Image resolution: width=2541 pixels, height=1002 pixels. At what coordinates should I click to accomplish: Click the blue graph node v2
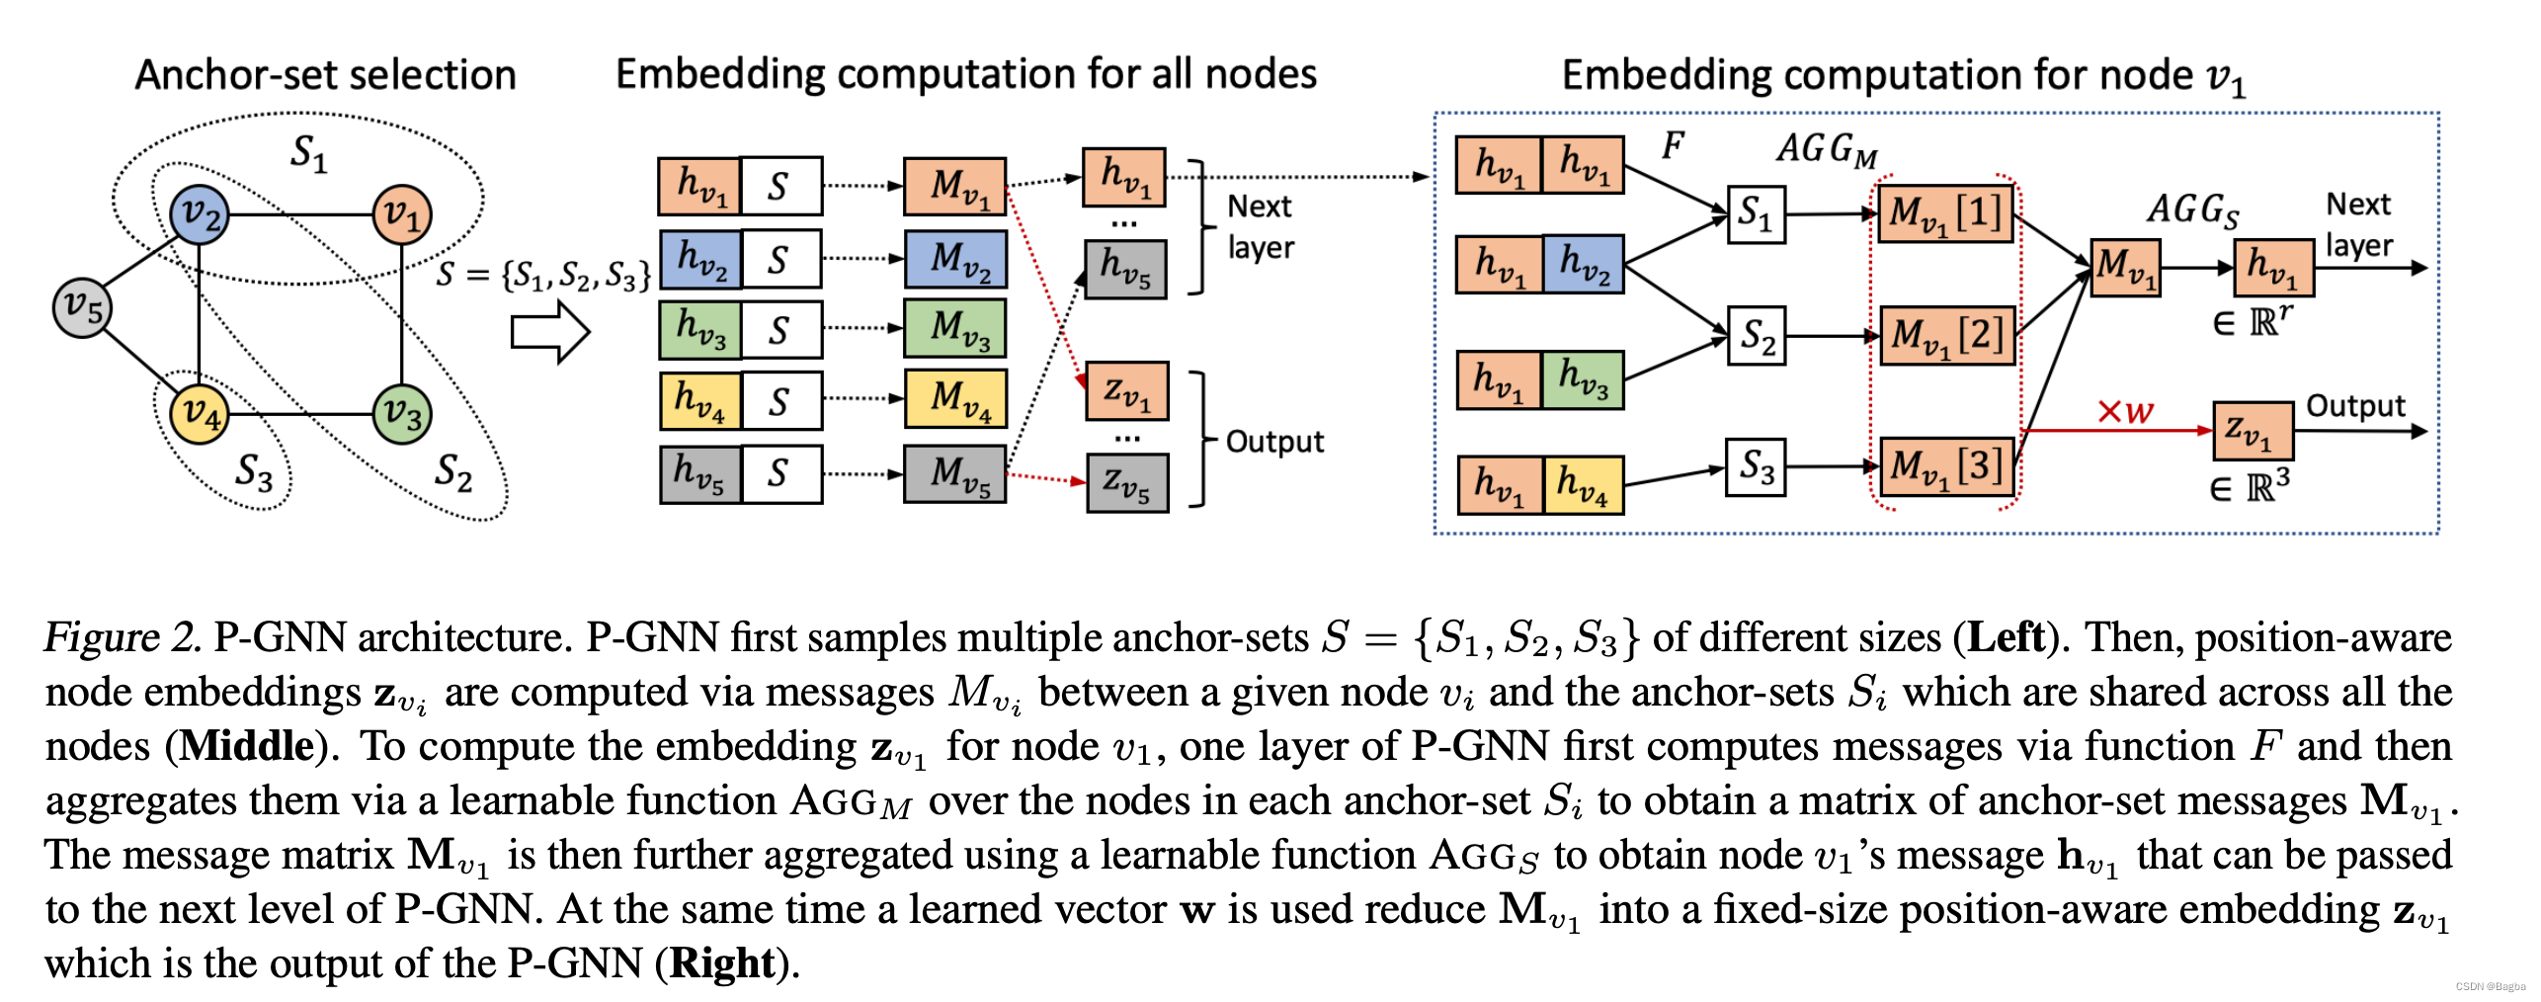tap(200, 214)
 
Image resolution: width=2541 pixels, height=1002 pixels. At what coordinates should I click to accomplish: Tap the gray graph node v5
tap(82, 307)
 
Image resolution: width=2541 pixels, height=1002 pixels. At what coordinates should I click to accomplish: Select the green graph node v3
tap(402, 413)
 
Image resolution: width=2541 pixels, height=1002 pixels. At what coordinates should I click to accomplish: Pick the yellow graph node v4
tap(200, 413)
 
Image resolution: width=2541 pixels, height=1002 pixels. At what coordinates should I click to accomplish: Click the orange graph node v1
tap(402, 213)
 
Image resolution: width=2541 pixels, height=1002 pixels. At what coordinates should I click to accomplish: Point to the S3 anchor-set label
tap(253, 471)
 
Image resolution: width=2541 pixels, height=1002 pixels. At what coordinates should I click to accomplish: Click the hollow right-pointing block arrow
tap(549, 332)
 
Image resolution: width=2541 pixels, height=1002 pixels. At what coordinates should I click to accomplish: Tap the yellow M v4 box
tap(954, 399)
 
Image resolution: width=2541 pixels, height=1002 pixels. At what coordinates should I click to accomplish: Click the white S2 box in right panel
tap(1756, 336)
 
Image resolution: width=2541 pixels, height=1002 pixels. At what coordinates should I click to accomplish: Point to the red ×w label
tap(2124, 410)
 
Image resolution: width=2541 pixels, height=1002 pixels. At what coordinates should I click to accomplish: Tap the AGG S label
tap(2191, 210)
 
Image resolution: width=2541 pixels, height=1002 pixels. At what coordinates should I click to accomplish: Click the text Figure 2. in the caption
tap(123, 637)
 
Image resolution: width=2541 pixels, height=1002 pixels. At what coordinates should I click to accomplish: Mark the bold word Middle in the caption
tap(247, 746)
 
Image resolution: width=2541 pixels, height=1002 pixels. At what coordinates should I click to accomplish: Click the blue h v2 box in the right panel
tap(1583, 264)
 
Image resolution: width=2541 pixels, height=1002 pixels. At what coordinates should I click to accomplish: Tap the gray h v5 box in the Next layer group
tap(1125, 269)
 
